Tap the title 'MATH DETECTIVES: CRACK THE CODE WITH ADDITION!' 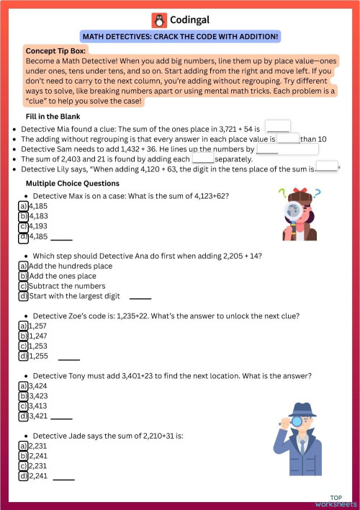[x=180, y=37]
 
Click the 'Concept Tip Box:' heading [x=55, y=51]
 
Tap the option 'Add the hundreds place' [x=71, y=266]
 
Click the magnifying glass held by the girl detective [x=293, y=210]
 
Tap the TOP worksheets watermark [x=336, y=500]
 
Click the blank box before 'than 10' [x=288, y=138]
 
